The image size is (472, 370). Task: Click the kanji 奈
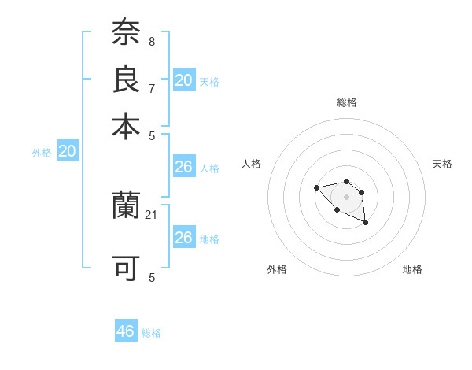point(126,32)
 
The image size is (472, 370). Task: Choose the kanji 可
point(126,268)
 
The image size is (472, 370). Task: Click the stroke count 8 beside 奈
point(151,41)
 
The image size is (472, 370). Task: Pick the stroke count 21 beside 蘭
point(152,214)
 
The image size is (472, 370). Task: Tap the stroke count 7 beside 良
point(151,87)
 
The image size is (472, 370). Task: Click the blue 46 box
point(126,331)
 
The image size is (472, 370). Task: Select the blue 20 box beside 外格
point(68,152)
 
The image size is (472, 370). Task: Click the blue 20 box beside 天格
point(183,80)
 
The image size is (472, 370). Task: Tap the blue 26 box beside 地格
point(183,238)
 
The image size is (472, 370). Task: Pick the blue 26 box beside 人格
point(183,167)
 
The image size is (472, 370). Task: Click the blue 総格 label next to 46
point(151,333)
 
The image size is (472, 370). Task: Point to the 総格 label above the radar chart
point(346,102)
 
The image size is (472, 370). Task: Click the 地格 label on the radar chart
point(412,269)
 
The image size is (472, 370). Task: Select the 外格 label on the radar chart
point(277,269)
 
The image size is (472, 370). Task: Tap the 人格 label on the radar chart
point(252,164)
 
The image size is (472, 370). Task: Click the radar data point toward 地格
point(366,224)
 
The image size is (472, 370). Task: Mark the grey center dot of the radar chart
point(346,197)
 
